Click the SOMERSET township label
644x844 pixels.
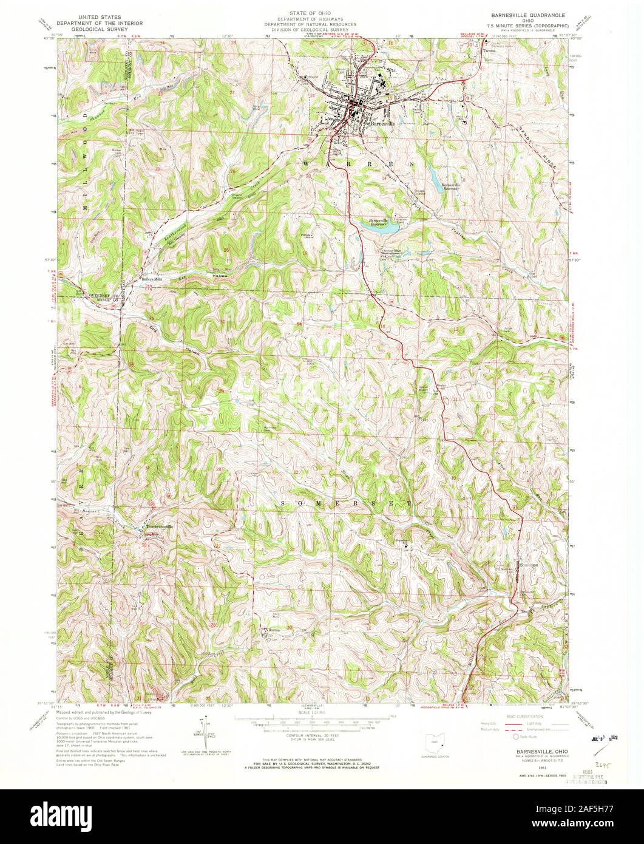[x=346, y=503]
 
